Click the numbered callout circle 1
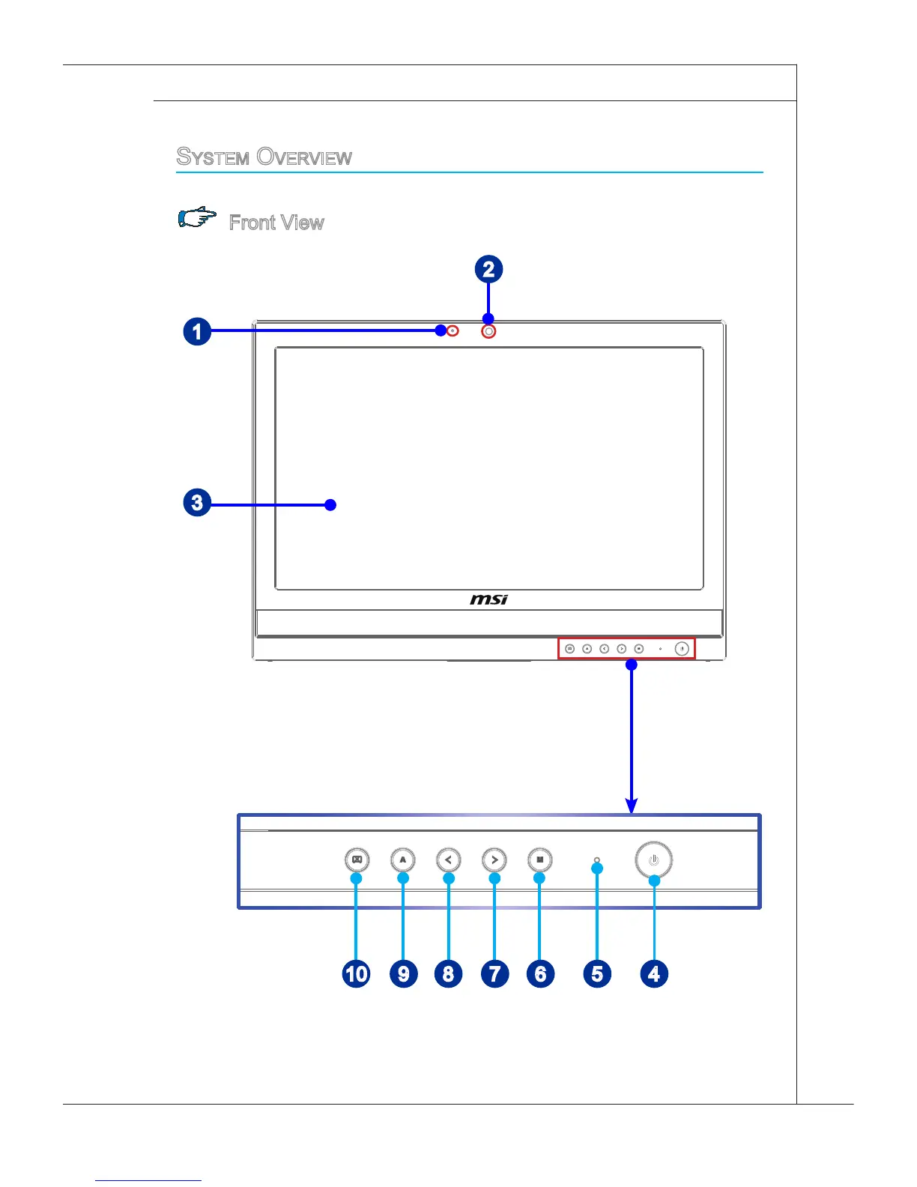click(197, 331)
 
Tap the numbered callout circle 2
click(488, 270)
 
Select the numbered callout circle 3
click(197, 502)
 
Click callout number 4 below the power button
click(654, 973)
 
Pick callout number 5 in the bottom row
click(597, 973)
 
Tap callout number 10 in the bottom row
click(357, 973)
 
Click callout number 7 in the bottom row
click(494, 973)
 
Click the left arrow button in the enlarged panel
click(448, 860)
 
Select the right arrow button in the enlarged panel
click(494, 860)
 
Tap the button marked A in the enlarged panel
click(403, 860)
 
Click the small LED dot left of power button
click(596, 860)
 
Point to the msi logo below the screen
click(489, 599)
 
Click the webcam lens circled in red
click(488, 330)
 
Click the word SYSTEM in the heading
click(213, 157)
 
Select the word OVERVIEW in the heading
click(304, 157)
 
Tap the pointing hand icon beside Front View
click(197, 218)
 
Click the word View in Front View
click(302, 223)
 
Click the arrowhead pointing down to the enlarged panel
click(632, 806)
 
